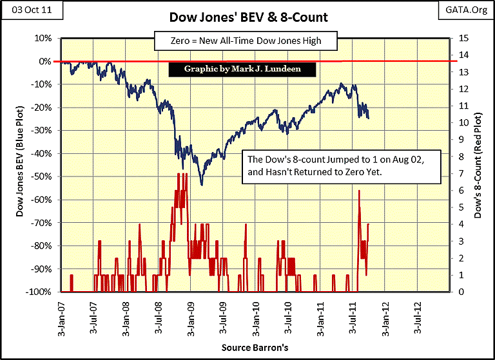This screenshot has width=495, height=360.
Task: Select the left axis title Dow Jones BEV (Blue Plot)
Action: (20, 164)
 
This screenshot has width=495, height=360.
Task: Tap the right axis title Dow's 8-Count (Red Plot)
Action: (478, 164)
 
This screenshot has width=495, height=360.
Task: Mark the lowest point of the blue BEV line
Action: (202, 185)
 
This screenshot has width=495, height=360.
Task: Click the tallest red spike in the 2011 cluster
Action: (359, 191)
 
